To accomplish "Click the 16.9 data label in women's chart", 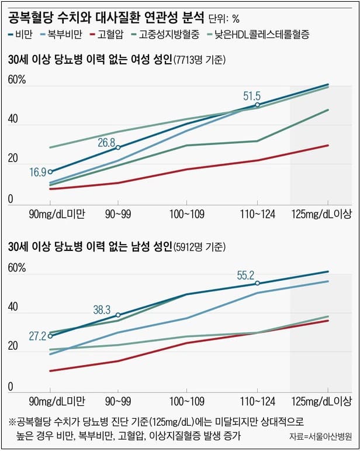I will pos(37,172).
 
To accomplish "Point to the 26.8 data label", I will pos(106,142).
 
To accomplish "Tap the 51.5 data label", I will pos(251,96).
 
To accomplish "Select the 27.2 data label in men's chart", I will pos(37,337).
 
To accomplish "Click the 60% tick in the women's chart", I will pos(17,81).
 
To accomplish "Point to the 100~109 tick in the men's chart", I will pos(188,401).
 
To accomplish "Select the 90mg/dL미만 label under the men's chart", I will pos(57,401).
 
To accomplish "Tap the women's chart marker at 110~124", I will pos(257,105).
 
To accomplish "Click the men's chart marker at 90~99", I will pos(118,315).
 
